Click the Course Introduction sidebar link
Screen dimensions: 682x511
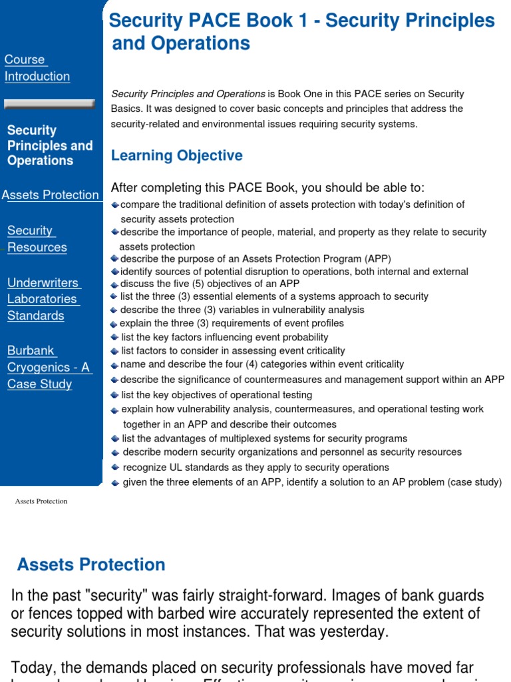tap(37, 68)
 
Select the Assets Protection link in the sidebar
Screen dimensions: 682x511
tap(51, 195)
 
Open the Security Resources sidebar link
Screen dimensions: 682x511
tap(37, 239)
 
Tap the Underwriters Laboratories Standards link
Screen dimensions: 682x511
tap(44, 299)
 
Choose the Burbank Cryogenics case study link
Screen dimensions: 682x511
tap(49, 367)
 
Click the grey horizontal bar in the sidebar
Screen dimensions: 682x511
tap(49, 104)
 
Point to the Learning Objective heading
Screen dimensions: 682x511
tap(176, 156)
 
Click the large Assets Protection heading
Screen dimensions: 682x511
tap(91, 564)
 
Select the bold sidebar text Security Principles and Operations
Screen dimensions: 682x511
tap(50, 145)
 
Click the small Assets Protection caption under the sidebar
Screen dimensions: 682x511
tap(41, 501)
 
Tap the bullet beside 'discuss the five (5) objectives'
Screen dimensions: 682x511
tap(114, 284)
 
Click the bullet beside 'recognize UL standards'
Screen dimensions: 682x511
tap(116, 468)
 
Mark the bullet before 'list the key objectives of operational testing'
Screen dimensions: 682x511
tap(115, 396)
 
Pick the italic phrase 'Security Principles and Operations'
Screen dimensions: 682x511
tap(188, 94)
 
